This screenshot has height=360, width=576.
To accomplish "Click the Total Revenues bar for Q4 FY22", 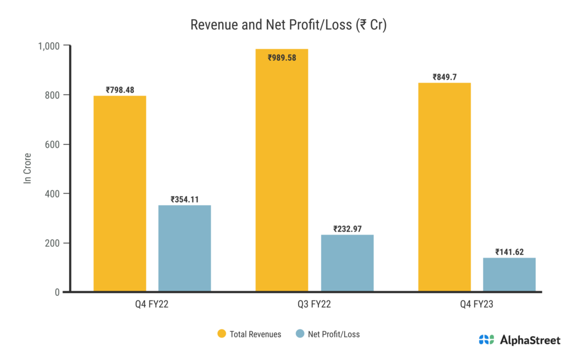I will (120, 193).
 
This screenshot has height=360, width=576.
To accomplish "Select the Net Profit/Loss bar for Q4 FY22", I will (184, 248).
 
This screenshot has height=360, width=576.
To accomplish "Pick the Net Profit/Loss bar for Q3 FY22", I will (347, 263).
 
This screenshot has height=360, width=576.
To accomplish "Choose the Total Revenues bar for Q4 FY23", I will (444, 187).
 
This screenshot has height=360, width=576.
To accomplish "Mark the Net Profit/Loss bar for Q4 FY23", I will (509, 274).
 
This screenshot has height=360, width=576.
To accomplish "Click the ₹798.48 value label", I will (120, 89).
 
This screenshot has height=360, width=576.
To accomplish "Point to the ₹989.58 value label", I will (282, 57).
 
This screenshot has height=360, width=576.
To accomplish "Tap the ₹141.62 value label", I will (509, 252).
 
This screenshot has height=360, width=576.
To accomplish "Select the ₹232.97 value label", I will (347, 229).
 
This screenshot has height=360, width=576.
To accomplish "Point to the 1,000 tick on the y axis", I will (49, 46).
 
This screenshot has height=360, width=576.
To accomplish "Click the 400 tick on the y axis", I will (53, 193).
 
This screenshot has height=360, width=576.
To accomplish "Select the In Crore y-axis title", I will (26, 169).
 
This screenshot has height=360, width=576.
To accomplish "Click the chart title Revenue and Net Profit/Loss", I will (288, 25).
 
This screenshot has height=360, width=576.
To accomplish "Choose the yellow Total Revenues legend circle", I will (222, 334).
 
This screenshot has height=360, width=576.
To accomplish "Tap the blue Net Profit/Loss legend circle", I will (299, 334).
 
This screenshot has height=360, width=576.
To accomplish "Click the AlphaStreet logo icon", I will (487, 340).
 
